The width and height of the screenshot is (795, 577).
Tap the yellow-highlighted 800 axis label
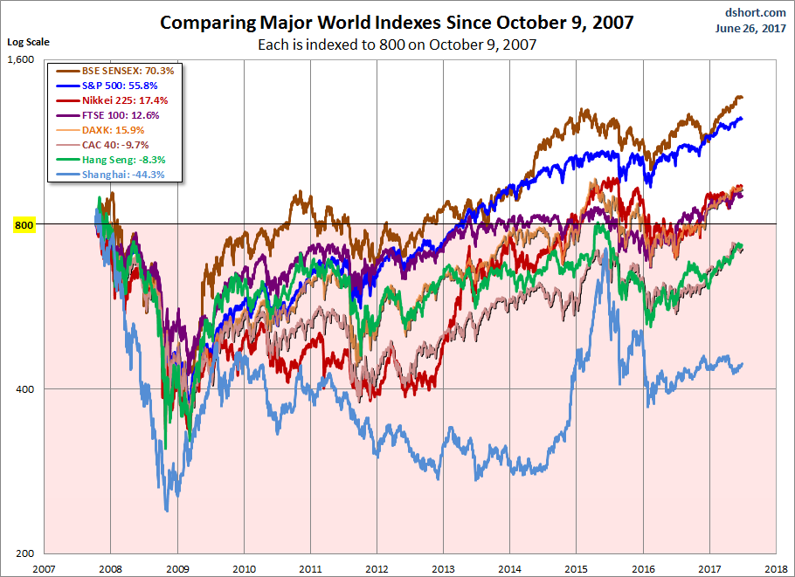coord(24,225)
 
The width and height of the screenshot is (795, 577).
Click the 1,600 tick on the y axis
coord(21,60)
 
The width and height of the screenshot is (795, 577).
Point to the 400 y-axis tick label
coord(24,389)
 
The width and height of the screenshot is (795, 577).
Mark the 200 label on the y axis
coord(24,553)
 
